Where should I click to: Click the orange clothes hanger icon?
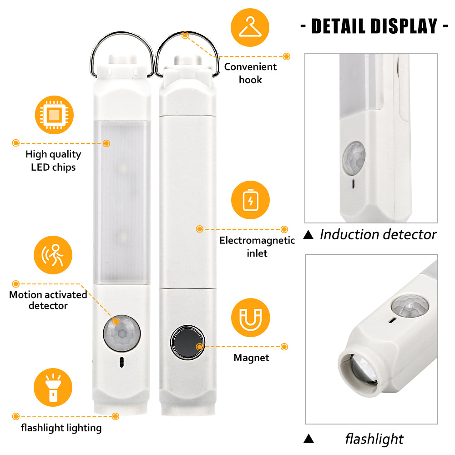[250, 27]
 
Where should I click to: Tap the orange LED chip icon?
[54, 115]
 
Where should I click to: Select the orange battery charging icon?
[250, 200]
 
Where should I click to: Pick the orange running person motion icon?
[53, 255]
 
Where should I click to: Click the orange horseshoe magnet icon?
[250, 318]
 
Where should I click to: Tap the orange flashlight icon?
[53, 387]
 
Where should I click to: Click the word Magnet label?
[251, 358]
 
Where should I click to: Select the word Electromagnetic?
[257, 240]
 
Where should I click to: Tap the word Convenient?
[250, 67]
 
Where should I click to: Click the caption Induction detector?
[378, 234]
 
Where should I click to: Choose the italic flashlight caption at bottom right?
[374, 439]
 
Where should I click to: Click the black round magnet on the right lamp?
[187, 343]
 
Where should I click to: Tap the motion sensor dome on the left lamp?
[122, 333]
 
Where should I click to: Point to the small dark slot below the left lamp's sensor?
[121, 362]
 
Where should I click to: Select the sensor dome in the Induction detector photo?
[354, 158]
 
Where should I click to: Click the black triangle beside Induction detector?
[308, 234]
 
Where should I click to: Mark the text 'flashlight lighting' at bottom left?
[61, 428]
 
